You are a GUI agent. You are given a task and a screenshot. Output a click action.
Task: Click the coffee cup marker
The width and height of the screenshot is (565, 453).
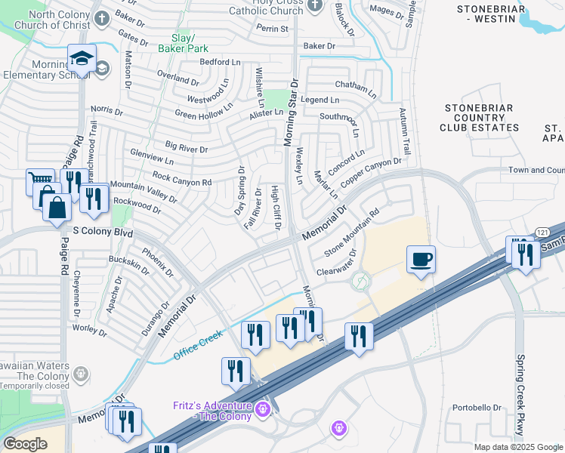click(421, 260)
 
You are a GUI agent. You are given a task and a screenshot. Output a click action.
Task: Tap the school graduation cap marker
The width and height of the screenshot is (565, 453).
click(82, 59)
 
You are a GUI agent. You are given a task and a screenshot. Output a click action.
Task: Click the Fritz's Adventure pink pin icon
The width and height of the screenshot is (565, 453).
click(263, 409)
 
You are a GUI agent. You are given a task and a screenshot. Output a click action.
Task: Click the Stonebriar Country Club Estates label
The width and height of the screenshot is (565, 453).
click(481, 118)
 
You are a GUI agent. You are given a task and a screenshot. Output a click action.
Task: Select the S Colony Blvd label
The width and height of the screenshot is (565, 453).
click(103, 233)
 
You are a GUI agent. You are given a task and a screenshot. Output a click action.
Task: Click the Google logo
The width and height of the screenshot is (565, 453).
click(25, 443)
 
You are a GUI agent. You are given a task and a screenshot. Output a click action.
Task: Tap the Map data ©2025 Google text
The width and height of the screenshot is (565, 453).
click(518, 447)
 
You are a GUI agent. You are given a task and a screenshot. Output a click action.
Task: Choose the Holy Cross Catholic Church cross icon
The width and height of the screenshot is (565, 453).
click(316, 5)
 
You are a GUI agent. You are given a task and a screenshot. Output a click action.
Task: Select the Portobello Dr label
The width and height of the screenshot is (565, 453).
click(477, 408)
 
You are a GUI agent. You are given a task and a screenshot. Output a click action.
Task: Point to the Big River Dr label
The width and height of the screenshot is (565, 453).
click(186, 148)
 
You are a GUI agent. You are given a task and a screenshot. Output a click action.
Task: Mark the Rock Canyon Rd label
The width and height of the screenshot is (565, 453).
click(181, 179)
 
